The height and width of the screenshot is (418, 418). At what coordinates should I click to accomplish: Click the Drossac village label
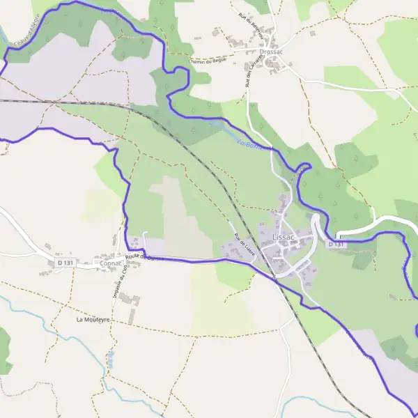[x=270, y=52]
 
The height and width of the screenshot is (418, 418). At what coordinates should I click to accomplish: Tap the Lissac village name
[x=284, y=237]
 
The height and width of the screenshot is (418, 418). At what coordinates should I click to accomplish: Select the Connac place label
[x=110, y=264]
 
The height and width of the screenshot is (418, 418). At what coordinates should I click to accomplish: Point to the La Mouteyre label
[x=93, y=320]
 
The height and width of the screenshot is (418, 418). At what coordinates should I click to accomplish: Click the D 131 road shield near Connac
[x=65, y=262]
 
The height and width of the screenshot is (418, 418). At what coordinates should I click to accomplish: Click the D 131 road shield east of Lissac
[x=336, y=244]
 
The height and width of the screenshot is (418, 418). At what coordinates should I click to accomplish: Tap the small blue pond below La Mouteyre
[x=110, y=359]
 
